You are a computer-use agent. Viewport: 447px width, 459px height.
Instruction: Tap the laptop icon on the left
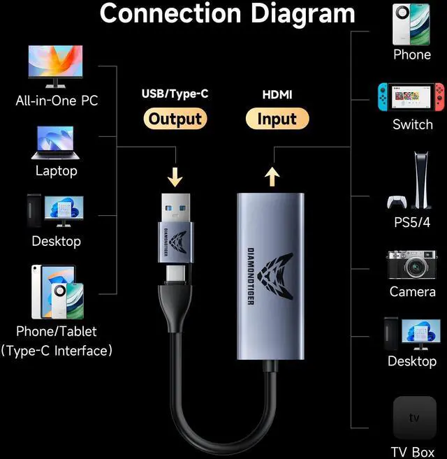click(x=57, y=144)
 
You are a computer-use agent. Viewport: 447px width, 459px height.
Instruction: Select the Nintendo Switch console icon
click(x=411, y=99)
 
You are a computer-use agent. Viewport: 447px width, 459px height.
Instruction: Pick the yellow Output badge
click(x=175, y=119)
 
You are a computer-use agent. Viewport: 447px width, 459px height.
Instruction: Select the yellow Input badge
click(x=277, y=119)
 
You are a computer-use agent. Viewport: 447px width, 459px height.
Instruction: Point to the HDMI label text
click(x=277, y=94)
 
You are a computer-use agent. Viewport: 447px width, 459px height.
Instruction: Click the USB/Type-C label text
click(x=175, y=94)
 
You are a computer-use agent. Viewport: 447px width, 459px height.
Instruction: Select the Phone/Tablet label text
click(x=57, y=331)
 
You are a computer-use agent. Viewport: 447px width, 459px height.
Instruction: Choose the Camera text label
click(x=412, y=291)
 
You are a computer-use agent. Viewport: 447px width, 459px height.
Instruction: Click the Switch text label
click(x=412, y=125)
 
